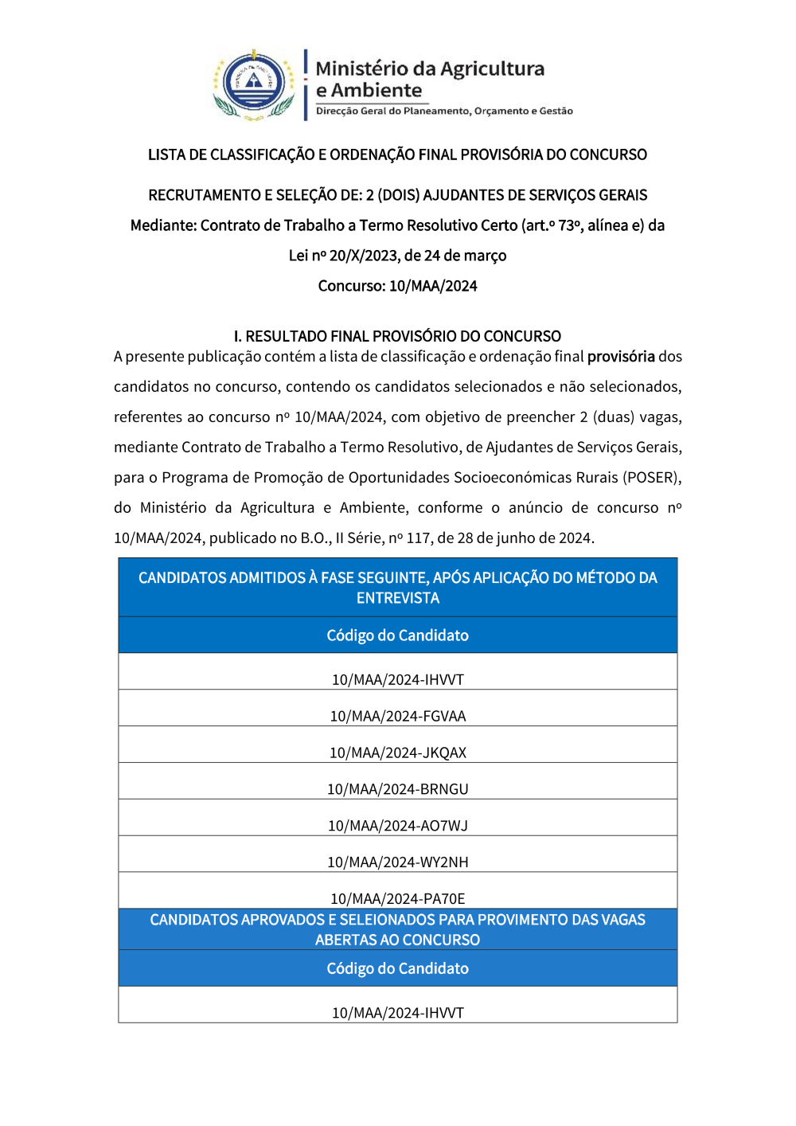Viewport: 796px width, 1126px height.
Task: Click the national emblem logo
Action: point(254,84)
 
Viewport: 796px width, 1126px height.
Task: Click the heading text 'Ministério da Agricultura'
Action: point(430,69)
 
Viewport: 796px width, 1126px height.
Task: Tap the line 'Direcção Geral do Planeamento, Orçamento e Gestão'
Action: point(444,111)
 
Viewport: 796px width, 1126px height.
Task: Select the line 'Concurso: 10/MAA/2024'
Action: point(397,286)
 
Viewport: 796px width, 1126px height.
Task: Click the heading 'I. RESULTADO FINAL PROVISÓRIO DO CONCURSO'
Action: point(397,336)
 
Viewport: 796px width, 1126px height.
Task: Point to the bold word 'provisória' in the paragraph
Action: point(621,357)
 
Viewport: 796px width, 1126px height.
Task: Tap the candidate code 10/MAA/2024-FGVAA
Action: point(397,716)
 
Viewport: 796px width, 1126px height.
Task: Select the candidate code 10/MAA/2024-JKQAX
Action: point(397,753)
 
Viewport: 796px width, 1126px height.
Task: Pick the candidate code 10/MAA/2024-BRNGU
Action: point(397,789)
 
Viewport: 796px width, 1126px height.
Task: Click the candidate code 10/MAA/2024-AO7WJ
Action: point(397,826)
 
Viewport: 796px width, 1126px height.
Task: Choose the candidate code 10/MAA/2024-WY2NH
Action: point(397,862)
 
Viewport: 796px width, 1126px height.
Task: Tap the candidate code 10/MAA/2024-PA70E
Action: point(397,899)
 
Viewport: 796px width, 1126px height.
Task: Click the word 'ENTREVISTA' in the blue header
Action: point(397,598)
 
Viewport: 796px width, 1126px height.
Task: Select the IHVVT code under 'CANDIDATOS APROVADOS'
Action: point(397,1013)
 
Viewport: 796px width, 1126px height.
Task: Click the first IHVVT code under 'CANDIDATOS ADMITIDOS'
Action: point(397,680)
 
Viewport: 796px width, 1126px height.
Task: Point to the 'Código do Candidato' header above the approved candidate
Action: point(397,968)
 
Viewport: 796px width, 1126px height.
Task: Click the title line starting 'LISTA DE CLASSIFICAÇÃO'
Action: point(397,154)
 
